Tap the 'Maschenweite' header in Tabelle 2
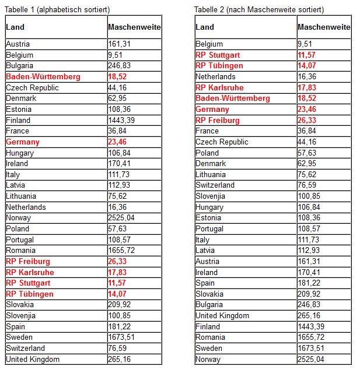[x=324, y=27]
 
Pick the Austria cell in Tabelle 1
[x=18, y=44]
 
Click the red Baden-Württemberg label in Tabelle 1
[x=43, y=76]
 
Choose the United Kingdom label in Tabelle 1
[x=33, y=359]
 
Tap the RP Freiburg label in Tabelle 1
[x=28, y=261]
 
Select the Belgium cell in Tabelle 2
[x=209, y=44]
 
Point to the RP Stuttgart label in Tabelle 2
[x=218, y=55]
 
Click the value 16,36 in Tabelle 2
[x=307, y=76]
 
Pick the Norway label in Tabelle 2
[x=208, y=359]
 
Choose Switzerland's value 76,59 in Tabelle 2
[x=307, y=185]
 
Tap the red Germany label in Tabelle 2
[x=212, y=109]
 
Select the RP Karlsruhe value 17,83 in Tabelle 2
[x=307, y=87]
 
